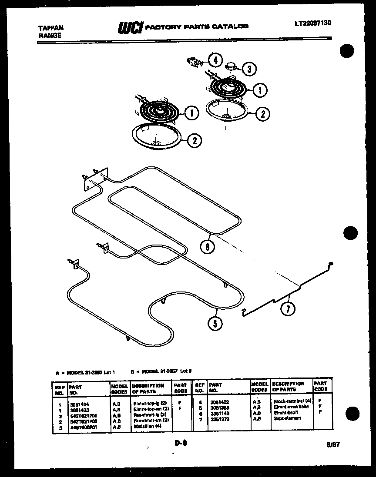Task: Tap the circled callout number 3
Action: (x=248, y=69)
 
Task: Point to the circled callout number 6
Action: (x=207, y=247)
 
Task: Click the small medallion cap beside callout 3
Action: (x=231, y=66)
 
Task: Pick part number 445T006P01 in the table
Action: (x=83, y=427)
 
